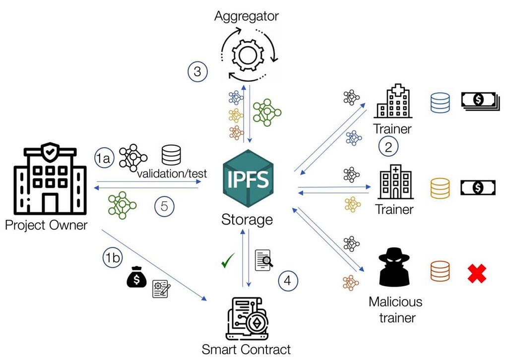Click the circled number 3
click(x=197, y=71)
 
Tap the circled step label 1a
click(x=104, y=158)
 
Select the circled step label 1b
click(x=113, y=258)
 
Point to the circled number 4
click(x=288, y=280)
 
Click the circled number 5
click(x=164, y=206)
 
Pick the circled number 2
click(x=388, y=147)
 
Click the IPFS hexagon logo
click(x=248, y=179)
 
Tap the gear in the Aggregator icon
click(x=248, y=55)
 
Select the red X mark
click(x=477, y=274)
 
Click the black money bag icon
click(x=136, y=277)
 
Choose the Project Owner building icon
click(x=50, y=179)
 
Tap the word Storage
click(x=247, y=220)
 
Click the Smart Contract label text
click(x=246, y=350)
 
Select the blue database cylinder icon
click(x=440, y=103)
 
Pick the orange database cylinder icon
click(x=440, y=271)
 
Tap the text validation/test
click(x=172, y=174)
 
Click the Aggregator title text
click(x=247, y=16)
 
